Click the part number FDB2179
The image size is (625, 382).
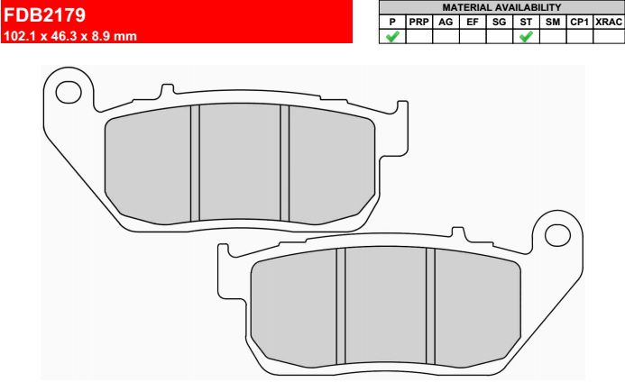[45, 15]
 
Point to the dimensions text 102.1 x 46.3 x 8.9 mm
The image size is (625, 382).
[70, 36]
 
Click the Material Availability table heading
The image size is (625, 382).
[501, 7]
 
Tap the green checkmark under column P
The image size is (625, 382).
[392, 37]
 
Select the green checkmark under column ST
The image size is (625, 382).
[526, 37]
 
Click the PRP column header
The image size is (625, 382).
[418, 22]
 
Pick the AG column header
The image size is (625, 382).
[446, 22]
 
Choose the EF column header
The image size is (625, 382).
[473, 22]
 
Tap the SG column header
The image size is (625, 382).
[499, 22]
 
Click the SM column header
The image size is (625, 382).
[553, 22]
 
